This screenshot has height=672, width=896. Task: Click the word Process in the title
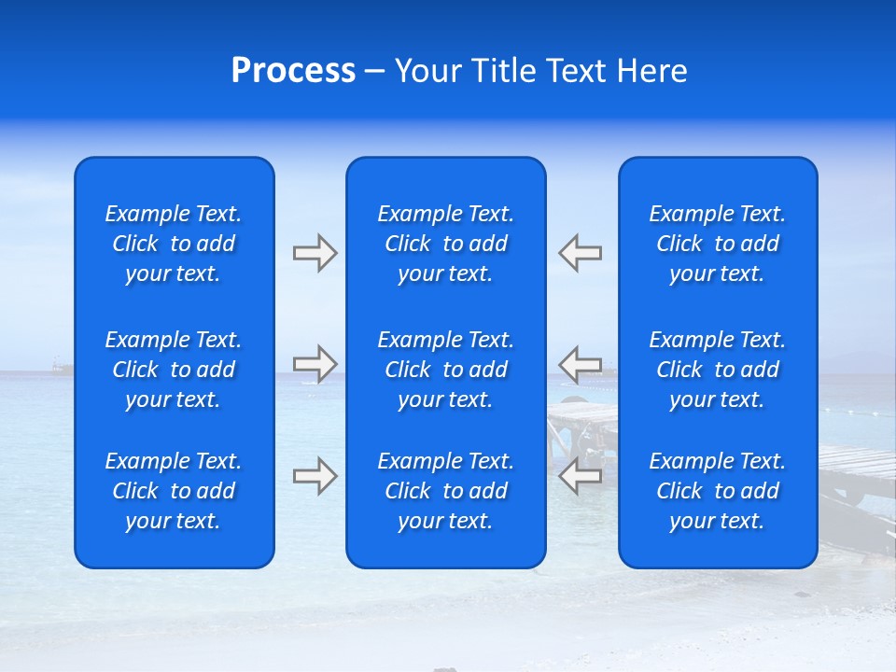tap(293, 71)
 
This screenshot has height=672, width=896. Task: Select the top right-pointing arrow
tap(315, 252)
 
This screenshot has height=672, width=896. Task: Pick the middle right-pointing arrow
tap(315, 363)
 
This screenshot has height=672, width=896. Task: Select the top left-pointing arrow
tap(580, 252)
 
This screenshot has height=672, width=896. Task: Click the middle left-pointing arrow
tap(580, 363)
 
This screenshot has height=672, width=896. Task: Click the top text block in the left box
tap(174, 244)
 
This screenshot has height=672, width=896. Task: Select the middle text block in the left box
tap(174, 370)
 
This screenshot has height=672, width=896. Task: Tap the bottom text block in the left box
tap(174, 491)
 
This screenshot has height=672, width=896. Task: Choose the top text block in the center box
tap(446, 244)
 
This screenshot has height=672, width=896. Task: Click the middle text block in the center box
tap(446, 370)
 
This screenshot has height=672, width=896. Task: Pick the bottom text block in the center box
tap(446, 491)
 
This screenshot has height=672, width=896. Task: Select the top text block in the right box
tap(718, 244)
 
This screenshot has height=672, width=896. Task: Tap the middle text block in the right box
tap(718, 370)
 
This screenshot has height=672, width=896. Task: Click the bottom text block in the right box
tap(718, 491)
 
